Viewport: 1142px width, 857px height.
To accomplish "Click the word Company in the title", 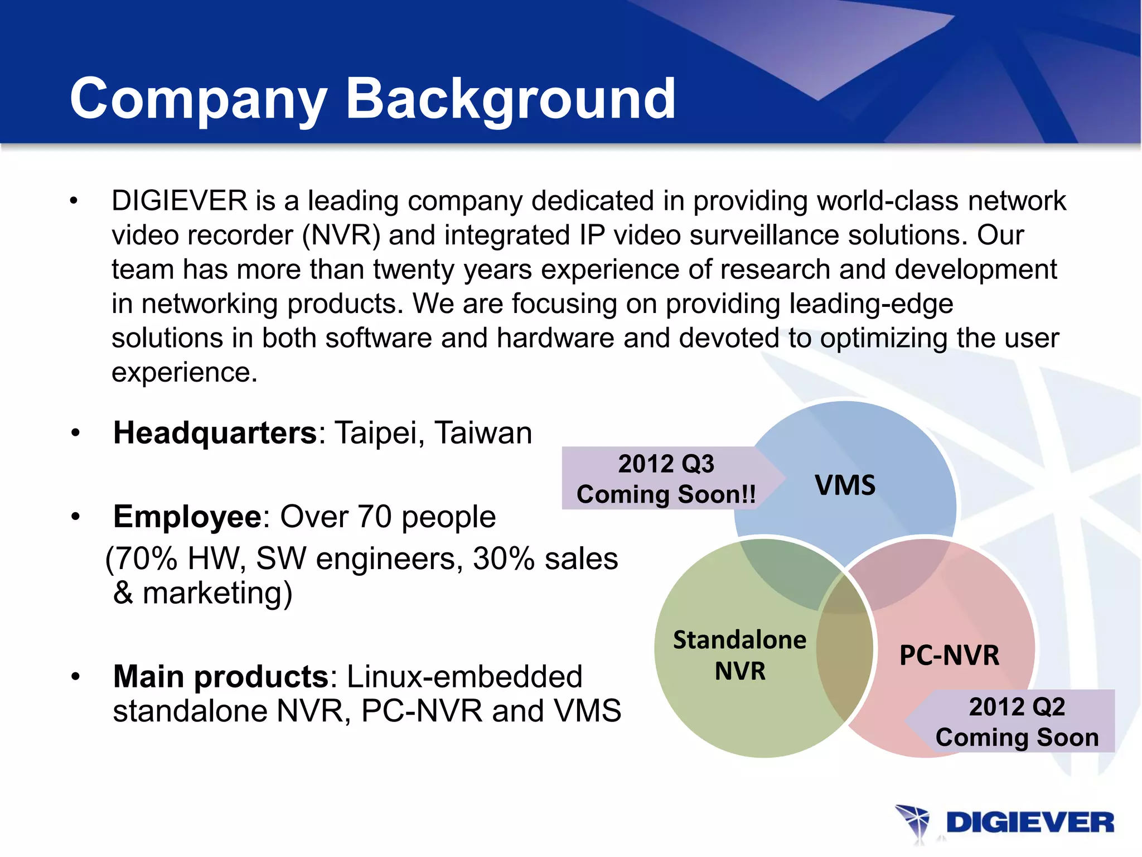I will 198,99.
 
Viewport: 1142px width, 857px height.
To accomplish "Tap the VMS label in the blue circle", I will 845,485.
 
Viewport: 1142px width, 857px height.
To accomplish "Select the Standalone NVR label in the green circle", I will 739,655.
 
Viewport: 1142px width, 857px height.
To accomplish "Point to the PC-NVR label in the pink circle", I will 949,655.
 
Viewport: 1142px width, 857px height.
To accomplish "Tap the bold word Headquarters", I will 215,433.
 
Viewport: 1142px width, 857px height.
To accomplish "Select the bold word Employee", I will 187,517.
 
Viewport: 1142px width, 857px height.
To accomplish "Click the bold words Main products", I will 221,677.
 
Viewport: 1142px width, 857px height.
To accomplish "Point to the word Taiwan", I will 483,433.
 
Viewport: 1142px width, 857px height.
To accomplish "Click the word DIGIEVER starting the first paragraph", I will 179,201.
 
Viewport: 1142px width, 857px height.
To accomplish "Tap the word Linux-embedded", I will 464,677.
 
